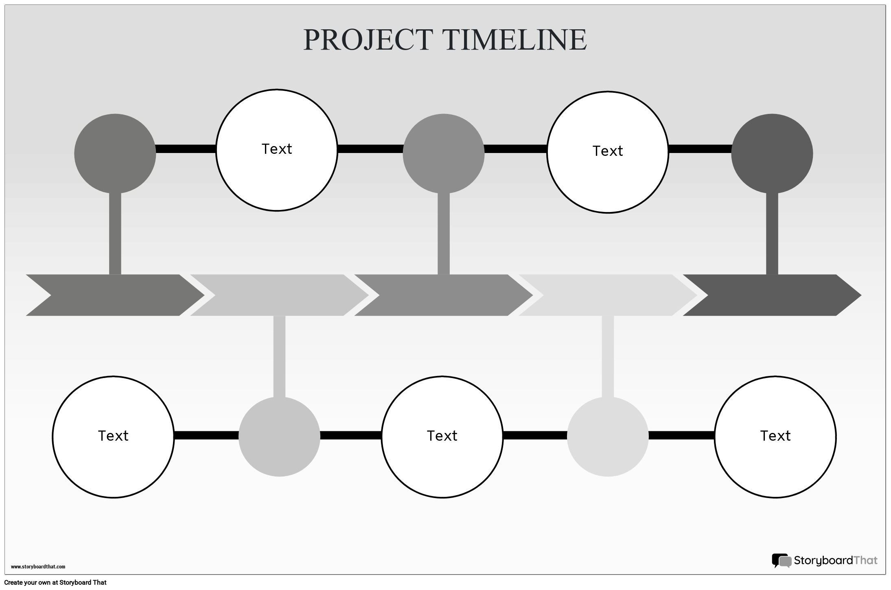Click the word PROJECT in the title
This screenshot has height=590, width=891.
[x=367, y=40]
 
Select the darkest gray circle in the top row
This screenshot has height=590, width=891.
[x=772, y=153]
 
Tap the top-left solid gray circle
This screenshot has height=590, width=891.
[x=115, y=153]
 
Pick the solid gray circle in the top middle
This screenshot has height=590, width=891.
[x=443, y=153]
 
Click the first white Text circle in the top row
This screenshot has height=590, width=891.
[x=276, y=150]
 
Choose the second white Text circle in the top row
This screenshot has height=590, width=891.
[x=607, y=152]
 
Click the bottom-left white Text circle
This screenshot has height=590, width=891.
[x=113, y=437]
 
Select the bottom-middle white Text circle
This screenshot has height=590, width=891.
[x=442, y=437]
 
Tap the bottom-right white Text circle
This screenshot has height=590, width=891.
[x=775, y=437]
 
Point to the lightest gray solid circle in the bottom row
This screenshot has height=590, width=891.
[x=607, y=437]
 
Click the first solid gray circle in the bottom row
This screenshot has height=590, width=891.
[x=279, y=437]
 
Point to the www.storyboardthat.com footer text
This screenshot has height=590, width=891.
[x=38, y=566]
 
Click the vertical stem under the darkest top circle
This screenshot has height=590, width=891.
[x=772, y=234]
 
